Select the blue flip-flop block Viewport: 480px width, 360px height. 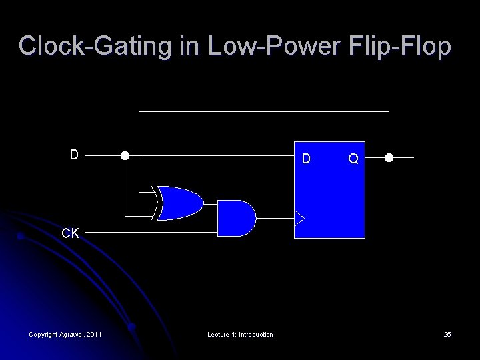(x=330, y=200)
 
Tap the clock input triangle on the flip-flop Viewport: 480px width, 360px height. (x=299, y=218)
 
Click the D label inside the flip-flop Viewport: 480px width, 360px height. (x=306, y=159)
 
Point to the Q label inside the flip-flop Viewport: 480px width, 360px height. (x=353, y=159)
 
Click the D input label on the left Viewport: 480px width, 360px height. (x=75, y=155)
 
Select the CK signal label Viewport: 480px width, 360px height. (x=70, y=233)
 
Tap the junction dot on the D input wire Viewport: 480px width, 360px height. (x=125, y=156)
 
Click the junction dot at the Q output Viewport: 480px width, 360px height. (x=389, y=158)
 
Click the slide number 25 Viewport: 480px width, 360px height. (x=447, y=334)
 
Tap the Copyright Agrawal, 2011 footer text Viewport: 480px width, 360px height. (x=65, y=334)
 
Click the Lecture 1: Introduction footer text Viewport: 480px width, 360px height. (x=240, y=334)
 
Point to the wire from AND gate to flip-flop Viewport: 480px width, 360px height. (x=275, y=218)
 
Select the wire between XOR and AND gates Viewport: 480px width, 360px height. (x=211, y=203)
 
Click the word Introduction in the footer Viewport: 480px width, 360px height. (x=256, y=334)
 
